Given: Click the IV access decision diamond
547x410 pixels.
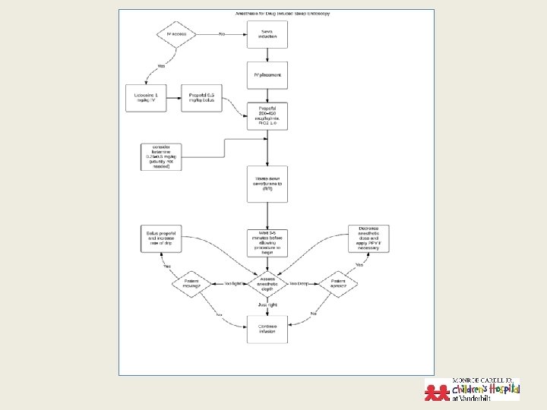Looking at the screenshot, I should tap(175, 34).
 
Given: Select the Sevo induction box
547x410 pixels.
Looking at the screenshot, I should tap(267, 34).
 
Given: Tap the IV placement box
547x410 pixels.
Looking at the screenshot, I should tap(267, 75).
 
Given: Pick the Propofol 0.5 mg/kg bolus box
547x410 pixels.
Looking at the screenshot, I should tap(201, 97).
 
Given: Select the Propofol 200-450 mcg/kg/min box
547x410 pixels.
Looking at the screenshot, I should tap(267, 117).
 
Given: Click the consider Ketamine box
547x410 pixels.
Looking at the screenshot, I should tap(164, 156).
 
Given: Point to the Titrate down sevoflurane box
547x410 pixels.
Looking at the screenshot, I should tap(267, 183).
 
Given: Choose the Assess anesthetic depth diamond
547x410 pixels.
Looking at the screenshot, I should tap(267, 284).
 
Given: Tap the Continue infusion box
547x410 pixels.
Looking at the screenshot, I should tap(267, 329).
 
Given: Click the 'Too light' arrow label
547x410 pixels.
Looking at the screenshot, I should tap(232, 283).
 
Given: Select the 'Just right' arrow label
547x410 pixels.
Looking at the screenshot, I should tap(267, 304).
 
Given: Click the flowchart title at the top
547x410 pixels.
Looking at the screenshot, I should tap(276, 14).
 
